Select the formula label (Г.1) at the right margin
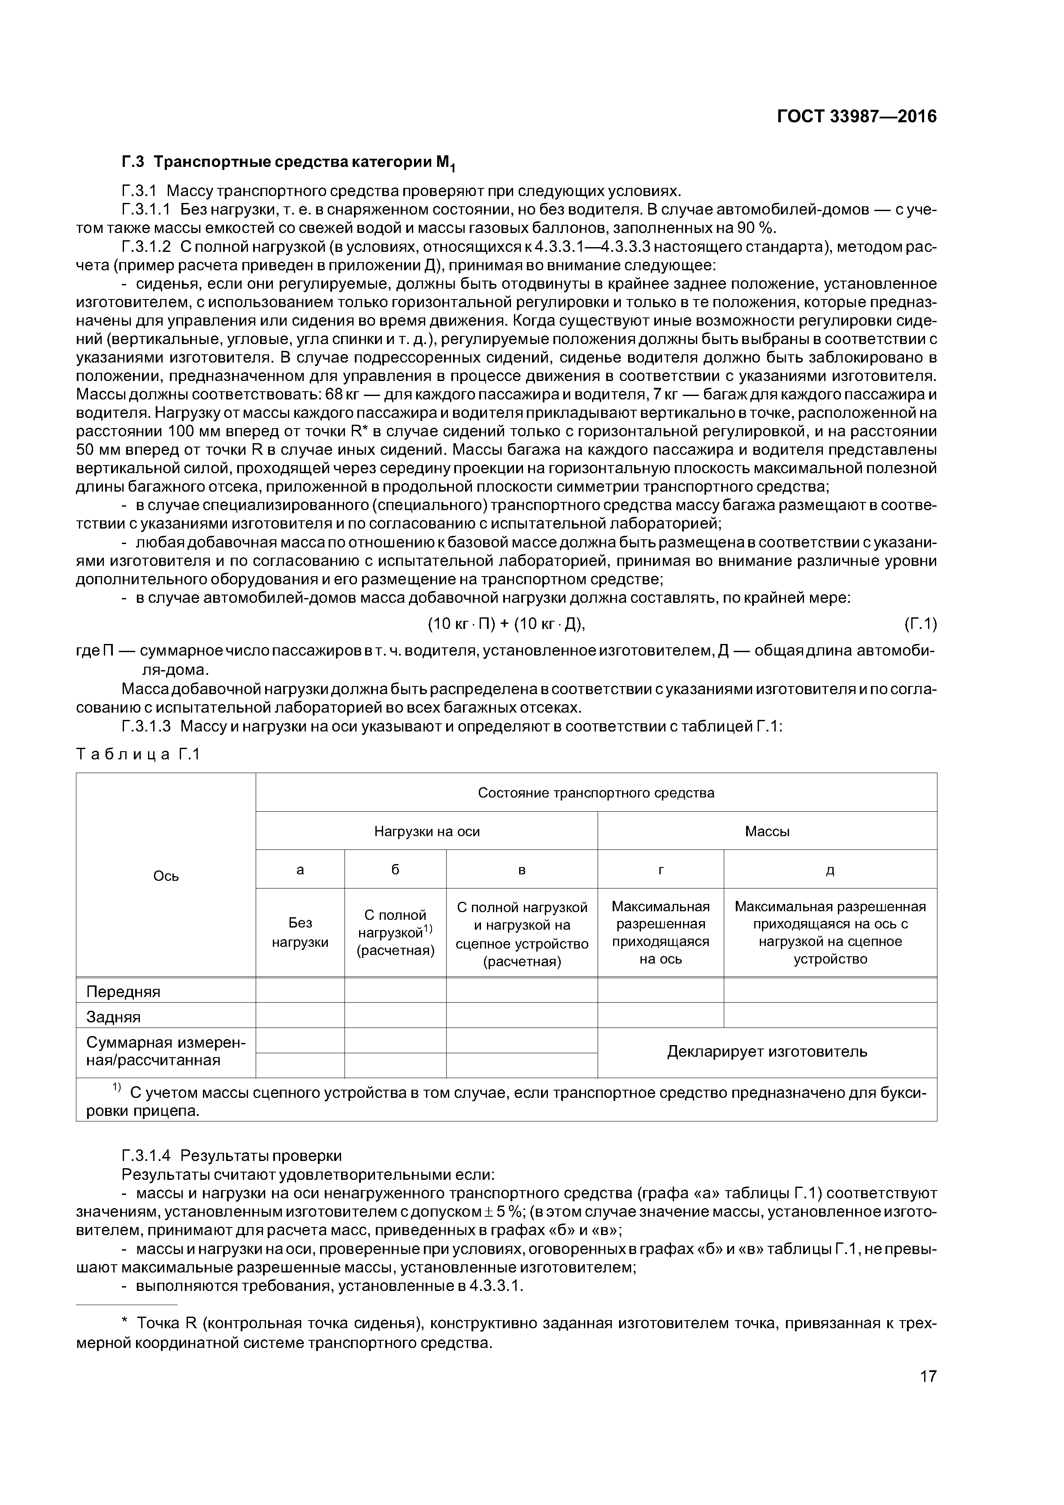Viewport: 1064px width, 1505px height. pos(920,625)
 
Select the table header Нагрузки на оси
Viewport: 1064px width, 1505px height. pos(427,831)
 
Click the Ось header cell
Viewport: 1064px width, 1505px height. pos(166,876)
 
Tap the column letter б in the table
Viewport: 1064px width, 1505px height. pos(395,869)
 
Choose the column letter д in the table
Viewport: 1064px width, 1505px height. pos(829,869)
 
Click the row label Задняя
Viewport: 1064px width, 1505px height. pos(113,1017)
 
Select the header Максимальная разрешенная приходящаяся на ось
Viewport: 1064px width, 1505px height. pos(660,932)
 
